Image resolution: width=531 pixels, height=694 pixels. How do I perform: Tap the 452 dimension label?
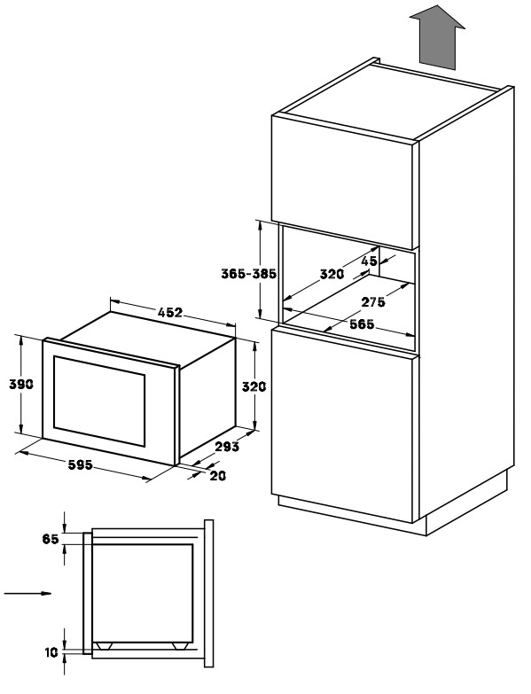[x=170, y=313]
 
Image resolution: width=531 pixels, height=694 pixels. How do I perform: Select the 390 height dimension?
[x=21, y=384]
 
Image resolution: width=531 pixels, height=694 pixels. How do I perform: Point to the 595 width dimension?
[x=80, y=465]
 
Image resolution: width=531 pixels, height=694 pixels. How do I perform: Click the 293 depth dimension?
[x=227, y=447]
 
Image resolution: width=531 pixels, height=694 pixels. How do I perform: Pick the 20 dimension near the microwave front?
[x=218, y=476]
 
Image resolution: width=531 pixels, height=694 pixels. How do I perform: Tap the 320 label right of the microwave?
[x=254, y=386]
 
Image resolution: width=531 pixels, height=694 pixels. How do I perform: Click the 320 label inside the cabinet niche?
[x=332, y=275]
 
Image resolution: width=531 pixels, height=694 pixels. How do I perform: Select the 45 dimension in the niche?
[x=369, y=261]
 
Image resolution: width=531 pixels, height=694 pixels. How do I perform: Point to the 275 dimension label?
[x=373, y=302]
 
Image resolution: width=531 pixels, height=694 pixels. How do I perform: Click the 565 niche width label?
[x=362, y=324]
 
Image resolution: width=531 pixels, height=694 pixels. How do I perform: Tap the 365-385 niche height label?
[x=249, y=274]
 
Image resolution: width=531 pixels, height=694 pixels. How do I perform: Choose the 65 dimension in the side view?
[x=51, y=539]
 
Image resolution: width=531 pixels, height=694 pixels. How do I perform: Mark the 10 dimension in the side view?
[x=51, y=652]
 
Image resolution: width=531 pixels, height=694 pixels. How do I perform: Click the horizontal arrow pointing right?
[x=27, y=593]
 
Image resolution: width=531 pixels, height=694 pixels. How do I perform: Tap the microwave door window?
[x=99, y=401]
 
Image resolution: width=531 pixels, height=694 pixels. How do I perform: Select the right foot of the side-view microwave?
[x=180, y=646]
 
